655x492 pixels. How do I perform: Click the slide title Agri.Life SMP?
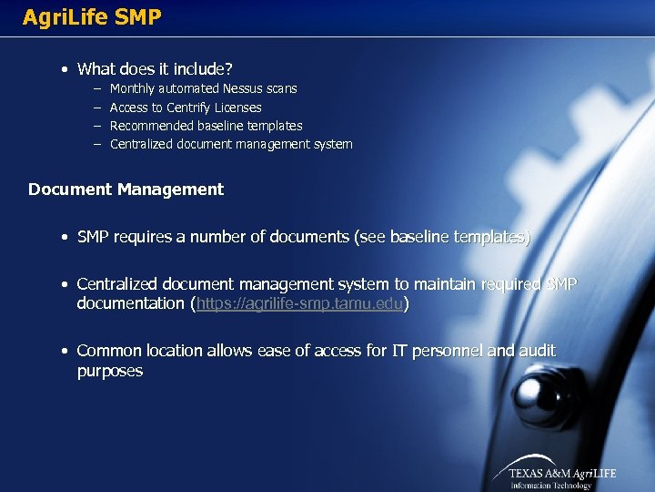point(92,16)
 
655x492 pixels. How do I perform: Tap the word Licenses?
point(237,108)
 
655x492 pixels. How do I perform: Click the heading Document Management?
point(126,190)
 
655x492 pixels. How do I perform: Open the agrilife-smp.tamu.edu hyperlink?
point(300,303)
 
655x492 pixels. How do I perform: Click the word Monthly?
point(133,88)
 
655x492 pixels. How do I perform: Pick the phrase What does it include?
point(155,68)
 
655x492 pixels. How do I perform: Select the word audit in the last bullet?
point(537,351)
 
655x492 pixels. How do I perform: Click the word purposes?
point(110,371)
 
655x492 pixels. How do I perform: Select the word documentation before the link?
point(131,303)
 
